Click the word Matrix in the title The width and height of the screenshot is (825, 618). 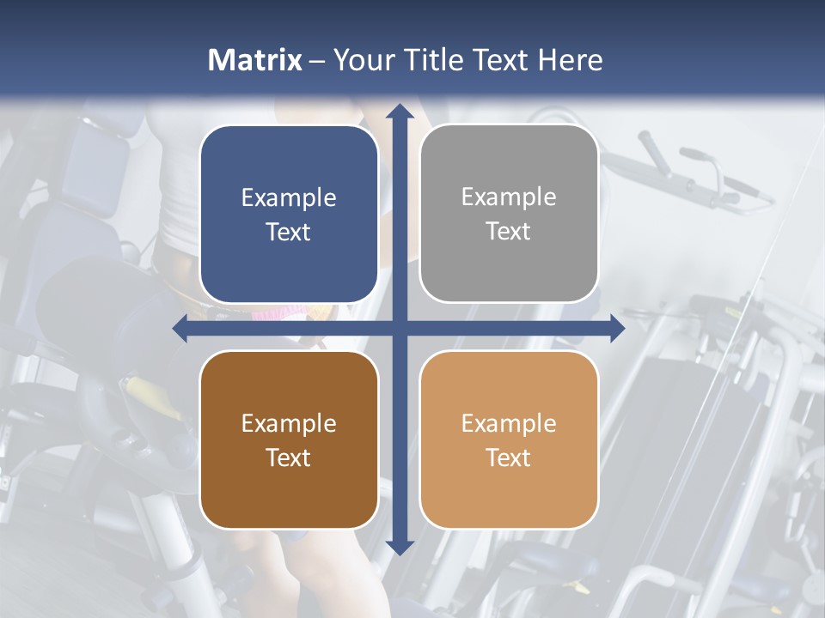255,60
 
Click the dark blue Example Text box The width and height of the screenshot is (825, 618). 289,215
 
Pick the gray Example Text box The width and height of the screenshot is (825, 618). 509,214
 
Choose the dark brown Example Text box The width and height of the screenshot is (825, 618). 289,439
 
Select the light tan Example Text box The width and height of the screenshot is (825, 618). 509,439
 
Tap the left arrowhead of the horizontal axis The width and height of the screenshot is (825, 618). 180,328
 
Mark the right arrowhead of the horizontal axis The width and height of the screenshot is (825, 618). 617,328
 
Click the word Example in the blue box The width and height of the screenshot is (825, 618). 289,198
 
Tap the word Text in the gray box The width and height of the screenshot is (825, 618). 509,232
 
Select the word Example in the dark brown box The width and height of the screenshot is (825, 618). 289,423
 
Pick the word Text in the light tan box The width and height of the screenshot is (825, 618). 509,457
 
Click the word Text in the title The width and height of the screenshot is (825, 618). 501,60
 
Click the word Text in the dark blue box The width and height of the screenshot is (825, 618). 289,233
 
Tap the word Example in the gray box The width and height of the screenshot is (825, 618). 509,197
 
